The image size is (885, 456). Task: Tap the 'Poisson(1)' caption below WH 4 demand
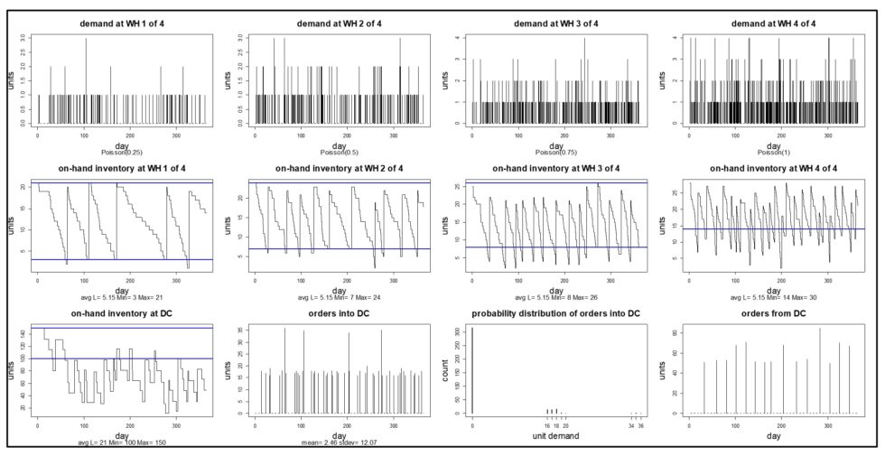tap(769, 152)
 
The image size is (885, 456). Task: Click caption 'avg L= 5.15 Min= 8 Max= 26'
tap(552, 296)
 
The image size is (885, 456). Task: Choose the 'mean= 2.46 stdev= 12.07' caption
tap(336, 442)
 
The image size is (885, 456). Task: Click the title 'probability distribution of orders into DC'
tap(552, 314)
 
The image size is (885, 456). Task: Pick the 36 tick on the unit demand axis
tap(639, 422)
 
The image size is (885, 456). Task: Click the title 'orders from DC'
tap(769, 314)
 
